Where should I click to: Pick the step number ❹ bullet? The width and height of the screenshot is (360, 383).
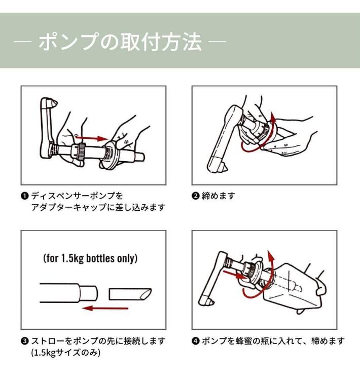point(195,340)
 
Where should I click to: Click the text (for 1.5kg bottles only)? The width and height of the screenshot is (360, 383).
point(90,258)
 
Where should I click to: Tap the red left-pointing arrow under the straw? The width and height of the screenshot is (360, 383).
point(101,308)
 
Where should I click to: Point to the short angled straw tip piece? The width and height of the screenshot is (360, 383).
point(129,293)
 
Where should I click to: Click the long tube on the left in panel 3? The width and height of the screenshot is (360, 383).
point(68,293)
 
